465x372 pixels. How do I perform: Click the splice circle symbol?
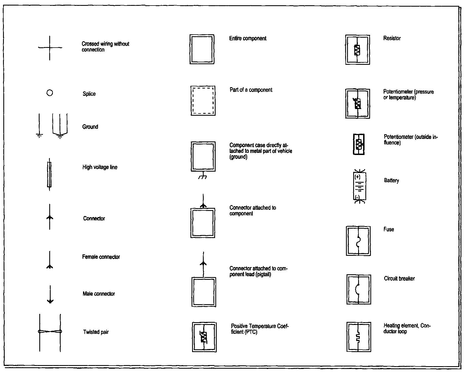pyautogui.click(x=50, y=93)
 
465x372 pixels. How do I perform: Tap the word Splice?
pyautogui.click(x=89, y=94)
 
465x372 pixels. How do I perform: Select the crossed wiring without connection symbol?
pyautogui.click(x=50, y=48)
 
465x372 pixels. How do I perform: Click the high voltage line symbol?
pyautogui.click(x=49, y=174)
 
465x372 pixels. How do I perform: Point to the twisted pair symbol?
pyautogui.click(x=50, y=332)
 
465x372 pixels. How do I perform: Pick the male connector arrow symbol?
pyautogui.click(x=50, y=294)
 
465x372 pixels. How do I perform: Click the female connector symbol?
pyautogui.click(x=50, y=260)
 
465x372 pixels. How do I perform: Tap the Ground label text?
pyautogui.click(x=90, y=127)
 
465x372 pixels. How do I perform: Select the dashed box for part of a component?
pyautogui.click(x=203, y=100)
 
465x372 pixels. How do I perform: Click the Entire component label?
pyautogui.click(x=248, y=38)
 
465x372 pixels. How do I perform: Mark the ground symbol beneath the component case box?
pyautogui.click(x=203, y=176)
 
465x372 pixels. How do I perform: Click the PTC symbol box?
pyautogui.click(x=204, y=337)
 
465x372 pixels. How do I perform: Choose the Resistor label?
pyautogui.click(x=392, y=38)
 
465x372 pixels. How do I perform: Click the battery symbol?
pyautogui.click(x=360, y=186)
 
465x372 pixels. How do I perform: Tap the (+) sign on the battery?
pyautogui.click(x=358, y=177)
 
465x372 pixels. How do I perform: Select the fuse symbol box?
pyautogui.click(x=358, y=241)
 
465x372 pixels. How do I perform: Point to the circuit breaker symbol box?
pyautogui.click(x=359, y=290)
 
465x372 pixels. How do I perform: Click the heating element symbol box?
pyautogui.click(x=358, y=337)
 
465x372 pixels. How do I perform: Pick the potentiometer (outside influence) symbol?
pyautogui.click(x=359, y=144)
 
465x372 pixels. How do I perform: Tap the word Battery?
pyautogui.click(x=391, y=180)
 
